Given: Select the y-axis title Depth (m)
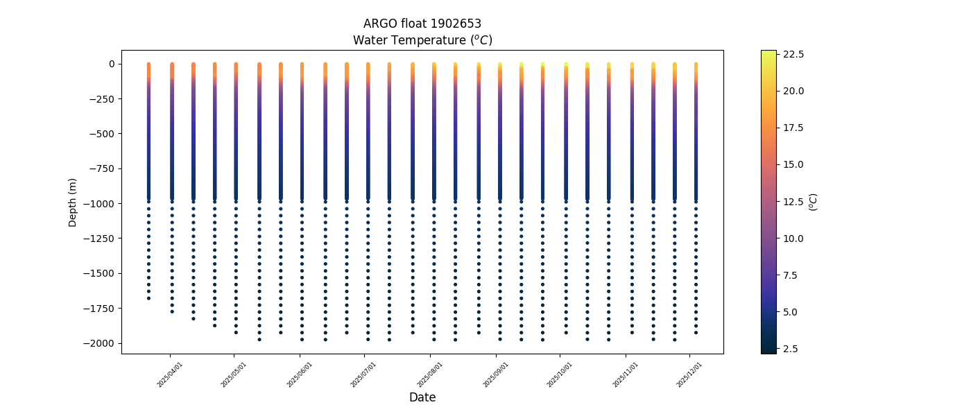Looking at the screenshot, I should (x=73, y=202).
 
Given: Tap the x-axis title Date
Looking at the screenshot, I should (x=422, y=397).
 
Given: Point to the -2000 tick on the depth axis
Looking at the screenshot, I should (x=101, y=343).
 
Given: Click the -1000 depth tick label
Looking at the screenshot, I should (x=101, y=203).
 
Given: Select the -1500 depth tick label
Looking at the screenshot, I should (x=101, y=273).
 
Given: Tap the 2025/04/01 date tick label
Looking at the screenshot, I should (x=170, y=374).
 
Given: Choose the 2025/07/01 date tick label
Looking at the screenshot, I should (x=363, y=374).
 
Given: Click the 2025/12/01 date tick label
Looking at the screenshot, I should (x=689, y=374).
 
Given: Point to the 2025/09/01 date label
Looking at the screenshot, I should (x=496, y=374).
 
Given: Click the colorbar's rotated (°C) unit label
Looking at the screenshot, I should (x=814, y=202).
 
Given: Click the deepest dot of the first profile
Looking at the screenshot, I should (x=148, y=298).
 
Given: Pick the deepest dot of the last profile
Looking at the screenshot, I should (x=696, y=333).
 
